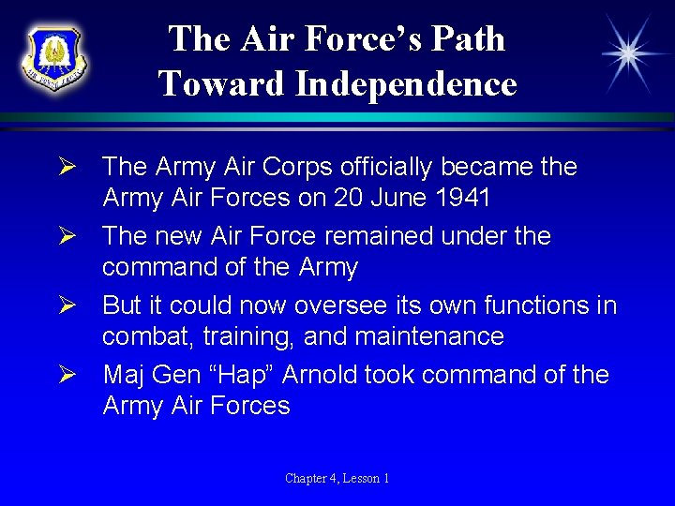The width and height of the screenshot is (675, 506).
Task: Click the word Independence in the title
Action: (x=405, y=84)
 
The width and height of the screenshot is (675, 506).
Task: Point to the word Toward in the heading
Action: (x=222, y=84)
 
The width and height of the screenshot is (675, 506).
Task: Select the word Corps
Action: (x=300, y=167)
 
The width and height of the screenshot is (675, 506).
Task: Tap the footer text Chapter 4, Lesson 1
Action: (x=337, y=479)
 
